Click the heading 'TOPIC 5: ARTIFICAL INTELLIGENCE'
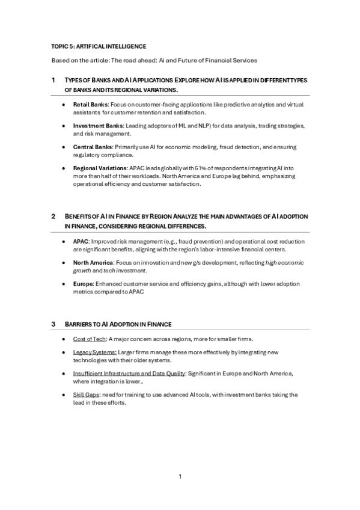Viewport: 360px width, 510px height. pyautogui.click(x=99, y=46)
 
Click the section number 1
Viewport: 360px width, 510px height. pyautogui.click(x=53, y=80)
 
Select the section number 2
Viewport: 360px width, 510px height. pyautogui.click(x=53, y=217)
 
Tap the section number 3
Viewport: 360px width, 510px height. pyautogui.click(x=53, y=325)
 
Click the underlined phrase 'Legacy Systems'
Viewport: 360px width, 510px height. pyautogui.click(x=94, y=353)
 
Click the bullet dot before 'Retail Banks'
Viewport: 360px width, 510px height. pyautogui.click(x=64, y=105)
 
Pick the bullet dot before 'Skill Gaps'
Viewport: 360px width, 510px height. pyautogui.click(x=64, y=395)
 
